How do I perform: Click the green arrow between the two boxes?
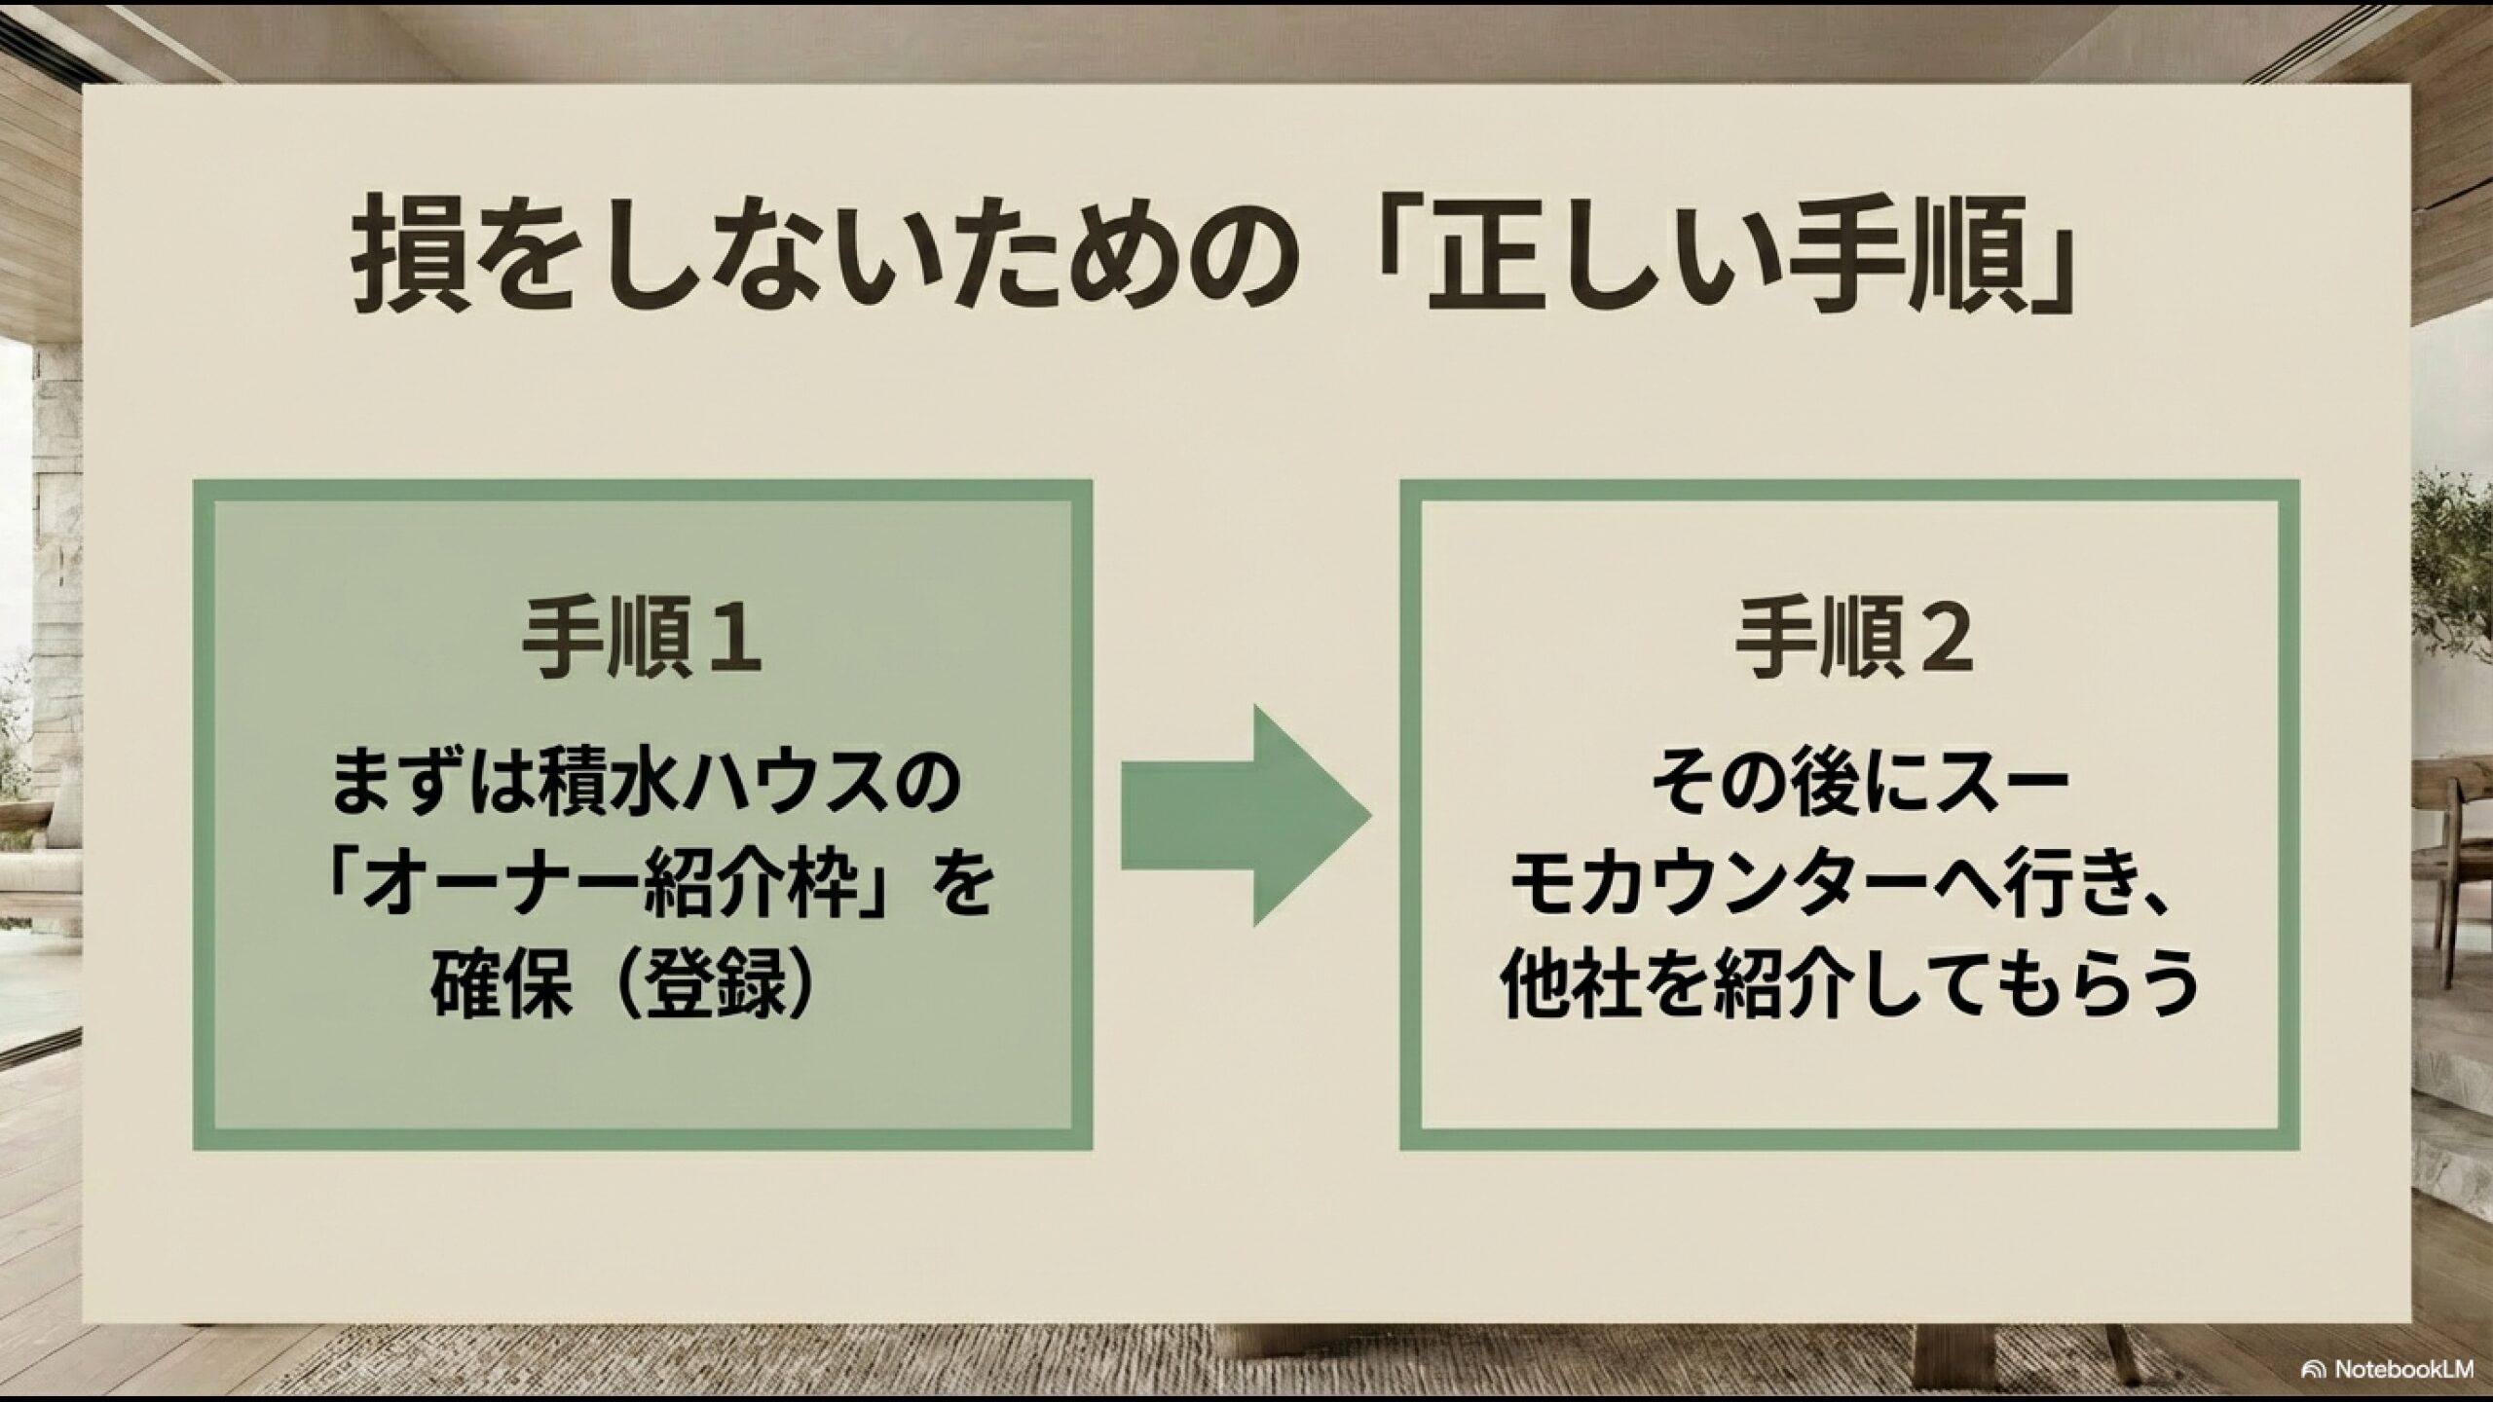tap(1246, 815)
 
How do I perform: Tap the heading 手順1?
tap(643, 643)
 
